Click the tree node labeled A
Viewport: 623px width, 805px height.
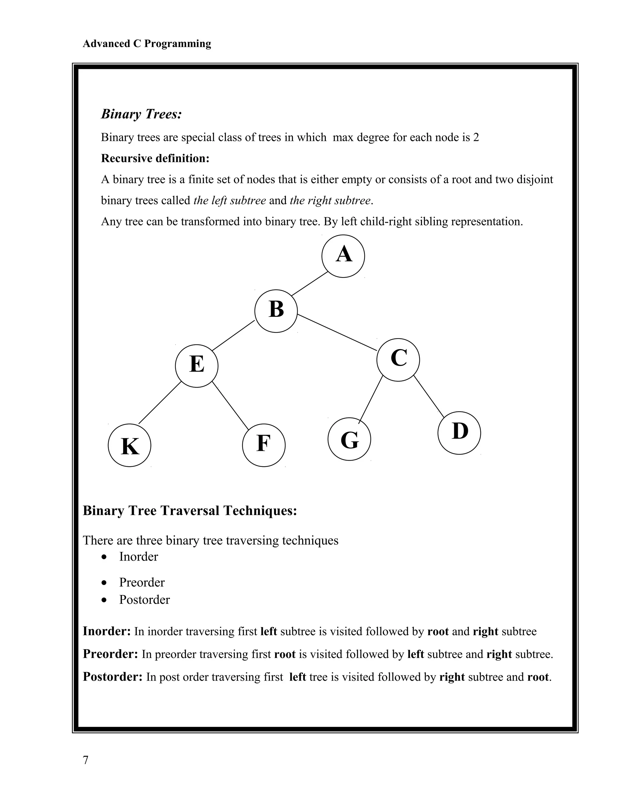click(x=343, y=256)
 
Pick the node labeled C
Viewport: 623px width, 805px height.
click(x=398, y=359)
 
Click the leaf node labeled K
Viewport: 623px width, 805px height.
click(x=129, y=445)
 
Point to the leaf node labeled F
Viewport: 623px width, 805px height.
click(x=263, y=445)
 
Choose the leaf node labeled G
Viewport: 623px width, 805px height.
click(x=349, y=439)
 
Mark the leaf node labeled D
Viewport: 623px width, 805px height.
click(x=459, y=433)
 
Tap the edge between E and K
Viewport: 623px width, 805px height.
click(x=159, y=402)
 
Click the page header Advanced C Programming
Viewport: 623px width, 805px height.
click(x=147, y=43)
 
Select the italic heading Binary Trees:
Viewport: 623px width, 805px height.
click(x=141, y=114)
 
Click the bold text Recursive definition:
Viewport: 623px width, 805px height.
click(x=155, y=159)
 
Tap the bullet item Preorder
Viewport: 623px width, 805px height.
click(x=142, y=582)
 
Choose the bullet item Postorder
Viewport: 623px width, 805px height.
click(x=144, y=600)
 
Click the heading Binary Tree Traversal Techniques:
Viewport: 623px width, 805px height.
click(x=190, y=511)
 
